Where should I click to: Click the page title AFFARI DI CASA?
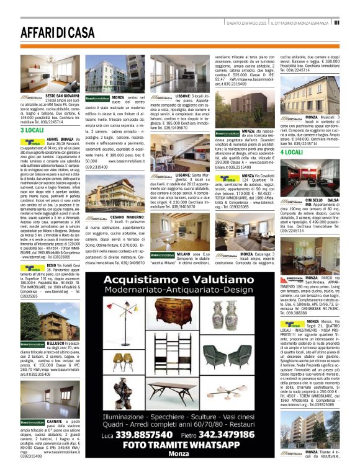click(58, 32)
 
